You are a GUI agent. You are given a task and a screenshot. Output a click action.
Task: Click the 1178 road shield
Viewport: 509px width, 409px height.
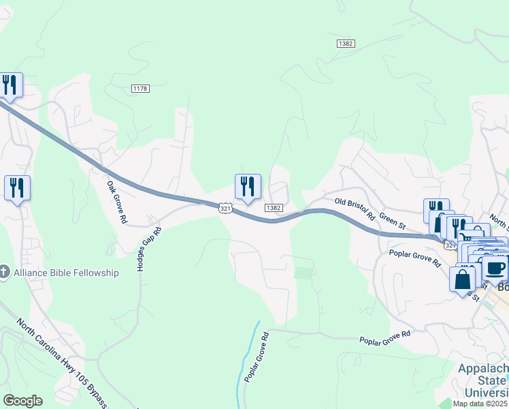point(141,89)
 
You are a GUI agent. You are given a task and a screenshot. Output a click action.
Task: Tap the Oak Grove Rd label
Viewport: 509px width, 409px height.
point(116,202)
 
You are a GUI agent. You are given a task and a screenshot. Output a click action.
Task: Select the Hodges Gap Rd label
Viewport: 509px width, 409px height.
point(150,249)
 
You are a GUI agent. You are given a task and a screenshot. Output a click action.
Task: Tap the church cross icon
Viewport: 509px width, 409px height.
point(4,273)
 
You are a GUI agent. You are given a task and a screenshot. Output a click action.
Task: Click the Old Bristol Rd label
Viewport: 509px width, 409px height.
point(356,208)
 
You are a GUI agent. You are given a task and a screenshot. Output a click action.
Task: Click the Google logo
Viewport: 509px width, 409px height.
point(22,400)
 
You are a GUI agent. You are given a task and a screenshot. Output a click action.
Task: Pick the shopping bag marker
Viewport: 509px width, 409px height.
point(463,279)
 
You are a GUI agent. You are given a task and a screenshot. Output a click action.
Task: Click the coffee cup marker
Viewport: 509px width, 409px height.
point(495,267)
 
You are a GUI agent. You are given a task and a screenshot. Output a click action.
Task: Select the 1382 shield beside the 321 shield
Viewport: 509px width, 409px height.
point(274,208)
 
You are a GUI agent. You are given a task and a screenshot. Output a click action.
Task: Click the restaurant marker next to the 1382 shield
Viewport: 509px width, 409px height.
point(248,186)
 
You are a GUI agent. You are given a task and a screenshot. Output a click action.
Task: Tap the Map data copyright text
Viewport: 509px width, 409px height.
point(480,404)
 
